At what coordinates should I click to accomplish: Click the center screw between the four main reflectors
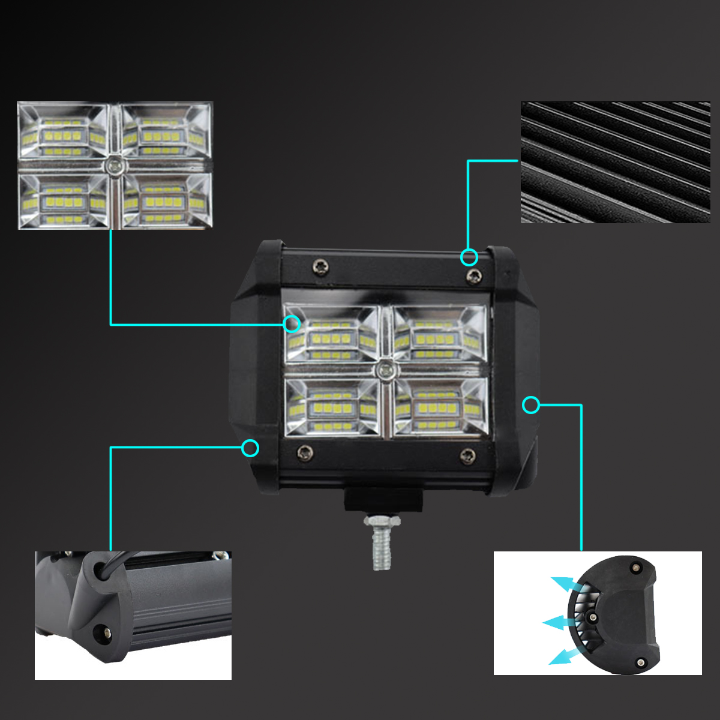[x=385, y=368]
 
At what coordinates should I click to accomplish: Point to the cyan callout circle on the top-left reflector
[x=292, y=324]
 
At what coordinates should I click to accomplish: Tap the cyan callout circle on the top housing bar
[x=469, y=257]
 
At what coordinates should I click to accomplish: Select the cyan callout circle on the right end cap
[x=531, y=406]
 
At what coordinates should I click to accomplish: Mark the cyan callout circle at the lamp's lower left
[x=250, y=448]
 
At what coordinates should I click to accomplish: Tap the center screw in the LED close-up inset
[x=113, y=166]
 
